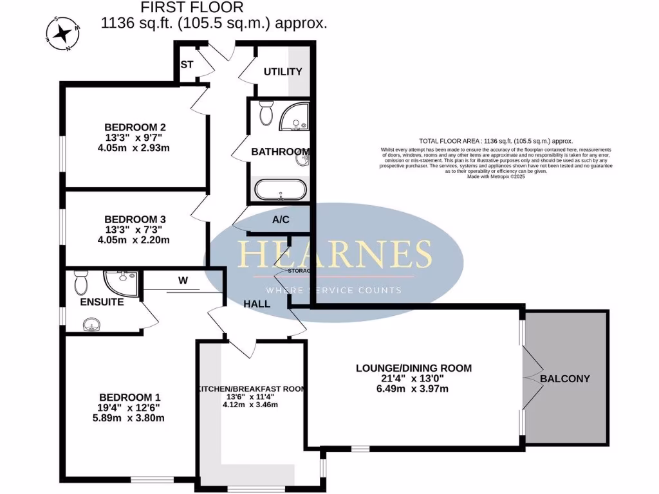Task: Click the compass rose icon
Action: click(63, 33)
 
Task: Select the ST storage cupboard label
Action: click(187, 65)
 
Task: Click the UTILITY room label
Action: click(283, 71)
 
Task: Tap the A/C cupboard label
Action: click(281, 220)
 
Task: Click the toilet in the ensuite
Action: click(81, 281)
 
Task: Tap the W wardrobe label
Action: click(183, 281)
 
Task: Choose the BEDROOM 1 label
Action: click(129, 397)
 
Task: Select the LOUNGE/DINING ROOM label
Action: click(414, 369)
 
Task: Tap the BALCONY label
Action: click(565, 378)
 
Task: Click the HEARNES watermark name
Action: click(335, 254)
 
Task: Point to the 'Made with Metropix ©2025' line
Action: click(496, 177)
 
